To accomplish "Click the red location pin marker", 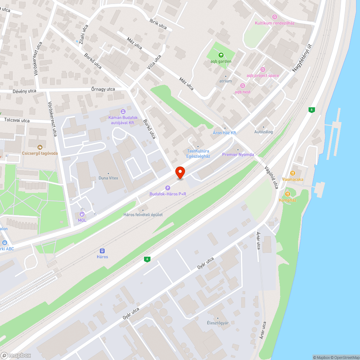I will [180, 172].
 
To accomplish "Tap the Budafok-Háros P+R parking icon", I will [167, 188].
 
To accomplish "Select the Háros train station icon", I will [102, 251].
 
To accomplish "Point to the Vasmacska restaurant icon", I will [293, 173].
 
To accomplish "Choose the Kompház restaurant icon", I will [287, 194].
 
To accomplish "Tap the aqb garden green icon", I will [221, 55].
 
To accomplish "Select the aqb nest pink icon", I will [242, 86].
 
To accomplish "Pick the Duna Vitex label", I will [108, 178].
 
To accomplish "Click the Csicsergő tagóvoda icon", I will [40, 147].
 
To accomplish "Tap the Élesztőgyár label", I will [218, 323].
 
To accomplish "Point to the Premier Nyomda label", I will [238, 154].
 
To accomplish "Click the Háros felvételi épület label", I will [143, 215].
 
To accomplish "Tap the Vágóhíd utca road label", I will [272, 177].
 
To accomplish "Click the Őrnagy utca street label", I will [103, 89].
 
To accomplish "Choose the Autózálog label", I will [264, 132].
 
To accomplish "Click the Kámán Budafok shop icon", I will [123, 112].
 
